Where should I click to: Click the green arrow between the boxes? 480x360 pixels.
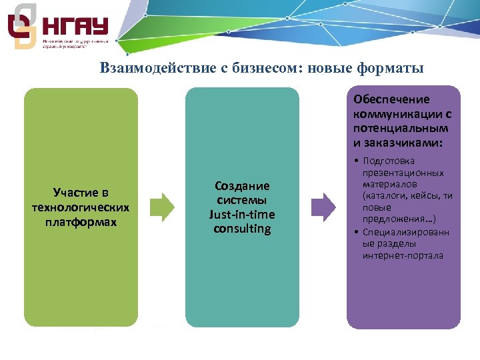pos(161,207)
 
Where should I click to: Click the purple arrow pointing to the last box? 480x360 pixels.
pos(324,207)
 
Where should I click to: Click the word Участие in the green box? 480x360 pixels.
pos(81,193)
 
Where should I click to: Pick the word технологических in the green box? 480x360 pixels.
pos(81,207)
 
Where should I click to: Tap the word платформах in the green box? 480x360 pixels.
pos(81,222)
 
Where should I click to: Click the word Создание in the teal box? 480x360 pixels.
pos(242,186)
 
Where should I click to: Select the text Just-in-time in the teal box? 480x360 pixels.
pos(242,215)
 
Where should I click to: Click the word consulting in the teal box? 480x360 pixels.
pos(242,229)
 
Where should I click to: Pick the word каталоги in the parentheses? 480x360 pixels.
pos(383,195)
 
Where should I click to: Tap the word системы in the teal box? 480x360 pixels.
pos(242,200)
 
